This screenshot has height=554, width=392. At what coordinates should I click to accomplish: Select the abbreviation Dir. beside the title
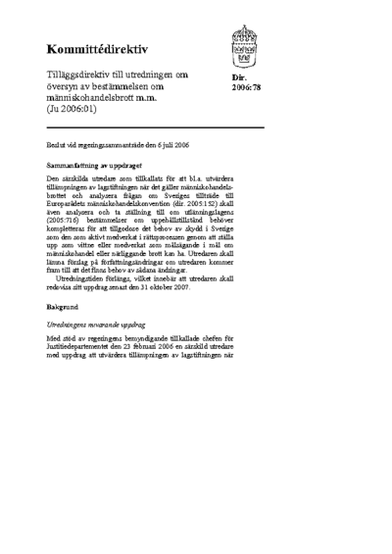238,77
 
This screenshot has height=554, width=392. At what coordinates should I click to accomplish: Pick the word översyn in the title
66,87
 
